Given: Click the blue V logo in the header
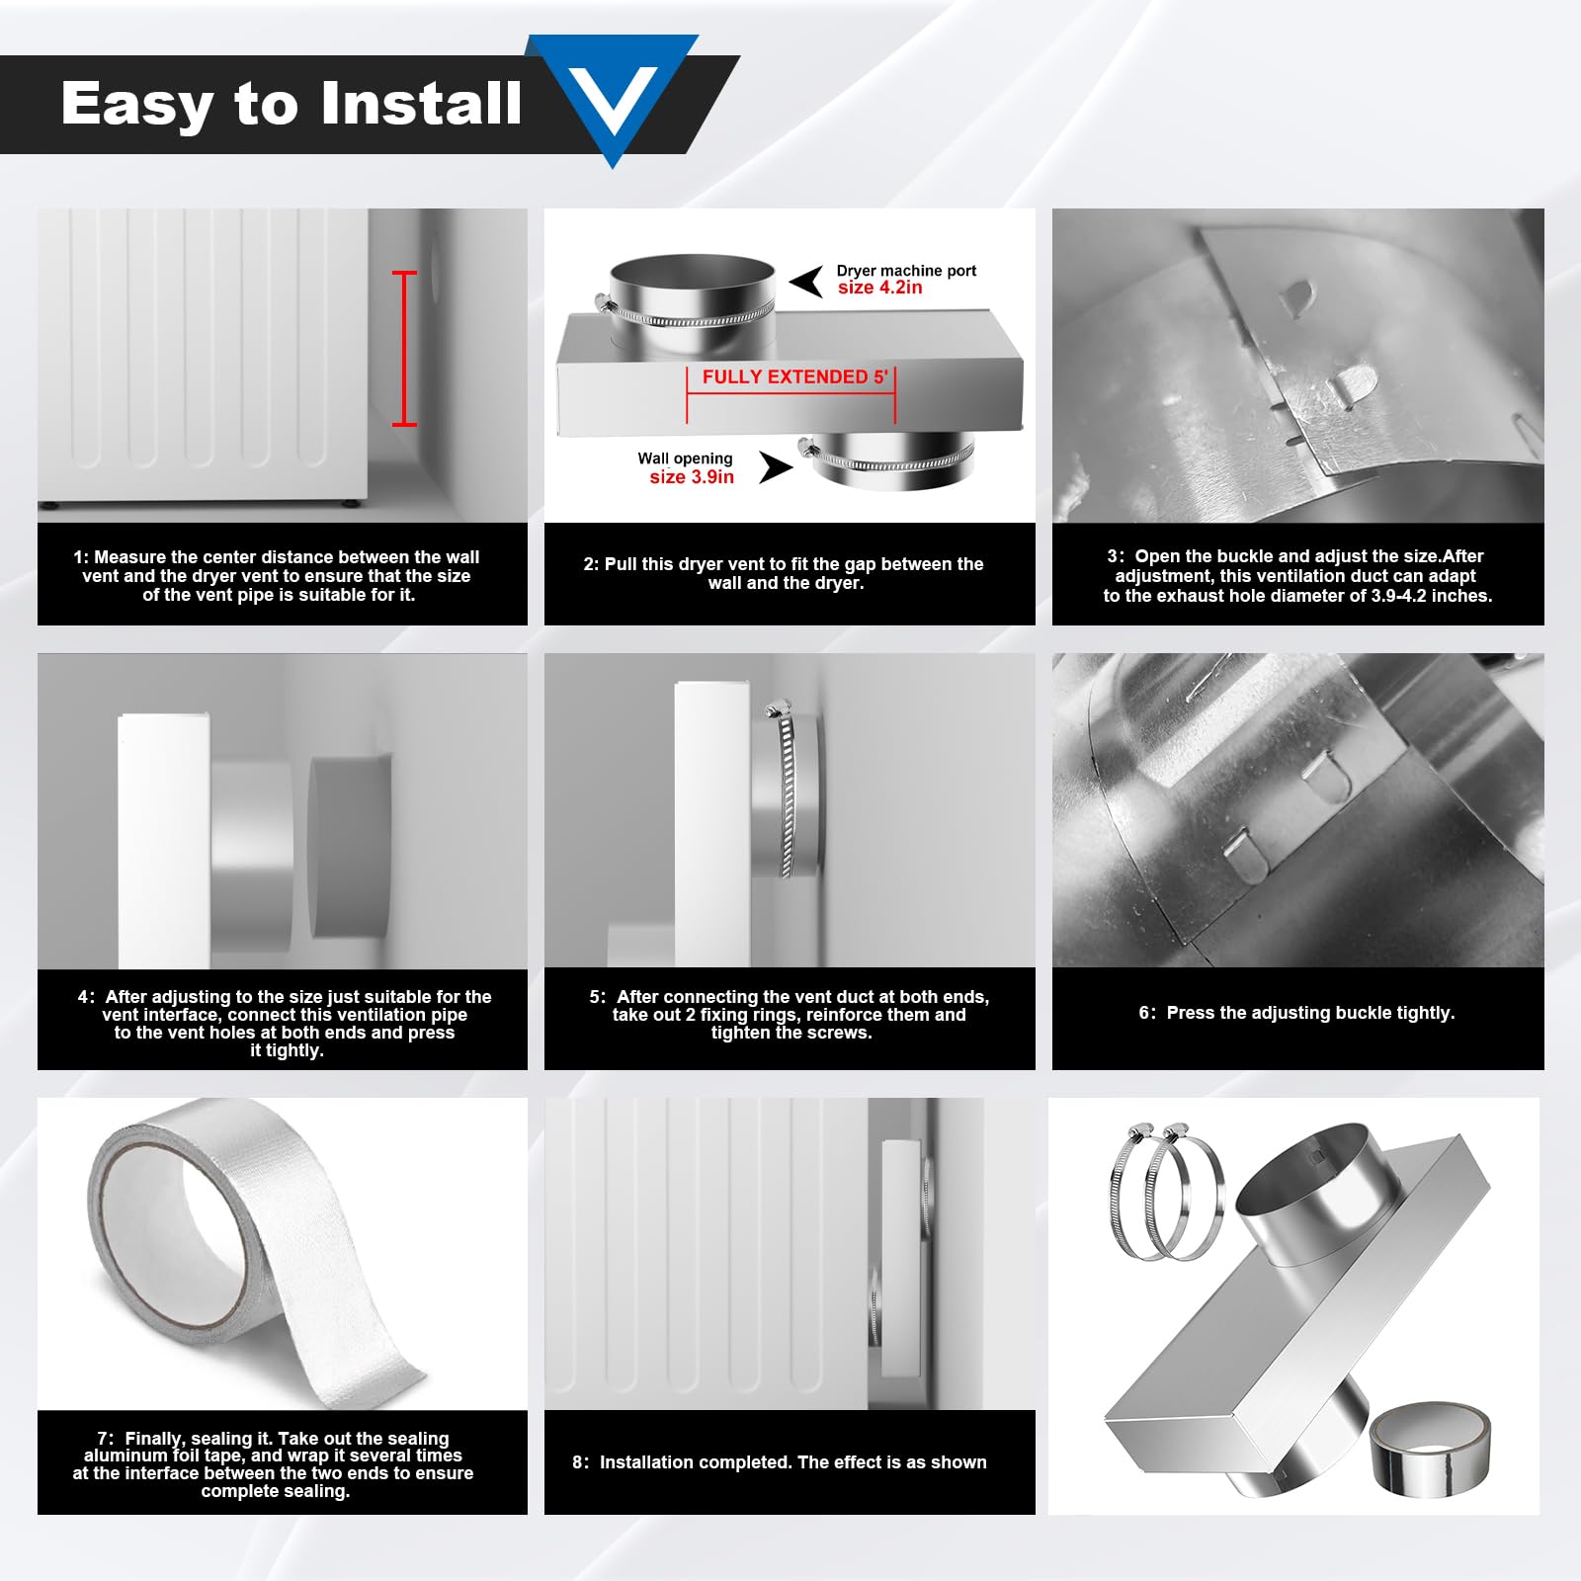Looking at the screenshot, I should click(614, 94).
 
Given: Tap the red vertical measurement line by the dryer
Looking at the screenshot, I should click(404, 348).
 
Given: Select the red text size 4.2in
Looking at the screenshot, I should click(879, 288).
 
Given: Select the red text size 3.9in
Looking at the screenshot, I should click(692, 477).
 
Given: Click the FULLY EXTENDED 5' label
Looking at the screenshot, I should click(794, 377).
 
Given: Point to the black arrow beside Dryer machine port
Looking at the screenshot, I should click(807, 282).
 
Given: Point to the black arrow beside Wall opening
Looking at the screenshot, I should click(776, 466).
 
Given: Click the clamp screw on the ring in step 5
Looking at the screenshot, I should click(778, 708).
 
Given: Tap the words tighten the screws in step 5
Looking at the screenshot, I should click(790, 1033).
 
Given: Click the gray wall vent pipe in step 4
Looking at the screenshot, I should click(351, 847).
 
